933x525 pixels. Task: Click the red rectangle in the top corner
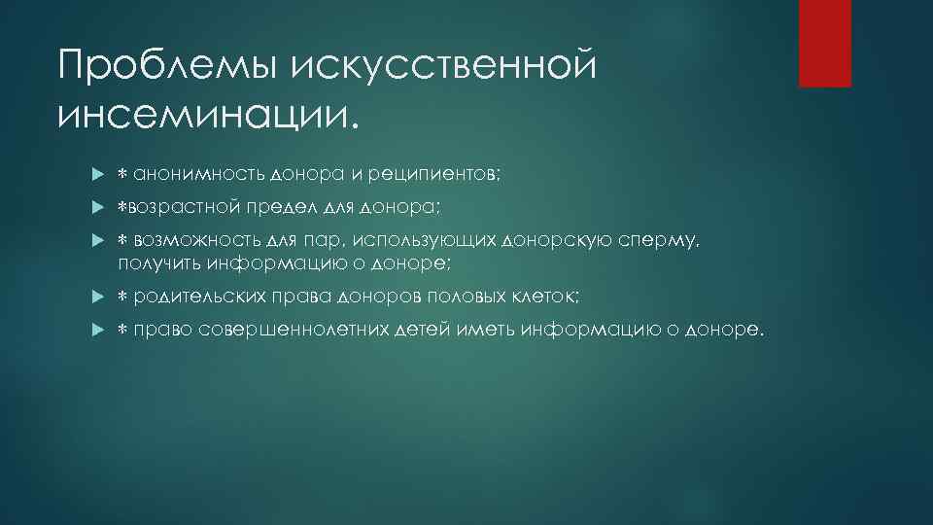tap(824, 43)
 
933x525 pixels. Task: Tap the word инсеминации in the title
tap(200, 115)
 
